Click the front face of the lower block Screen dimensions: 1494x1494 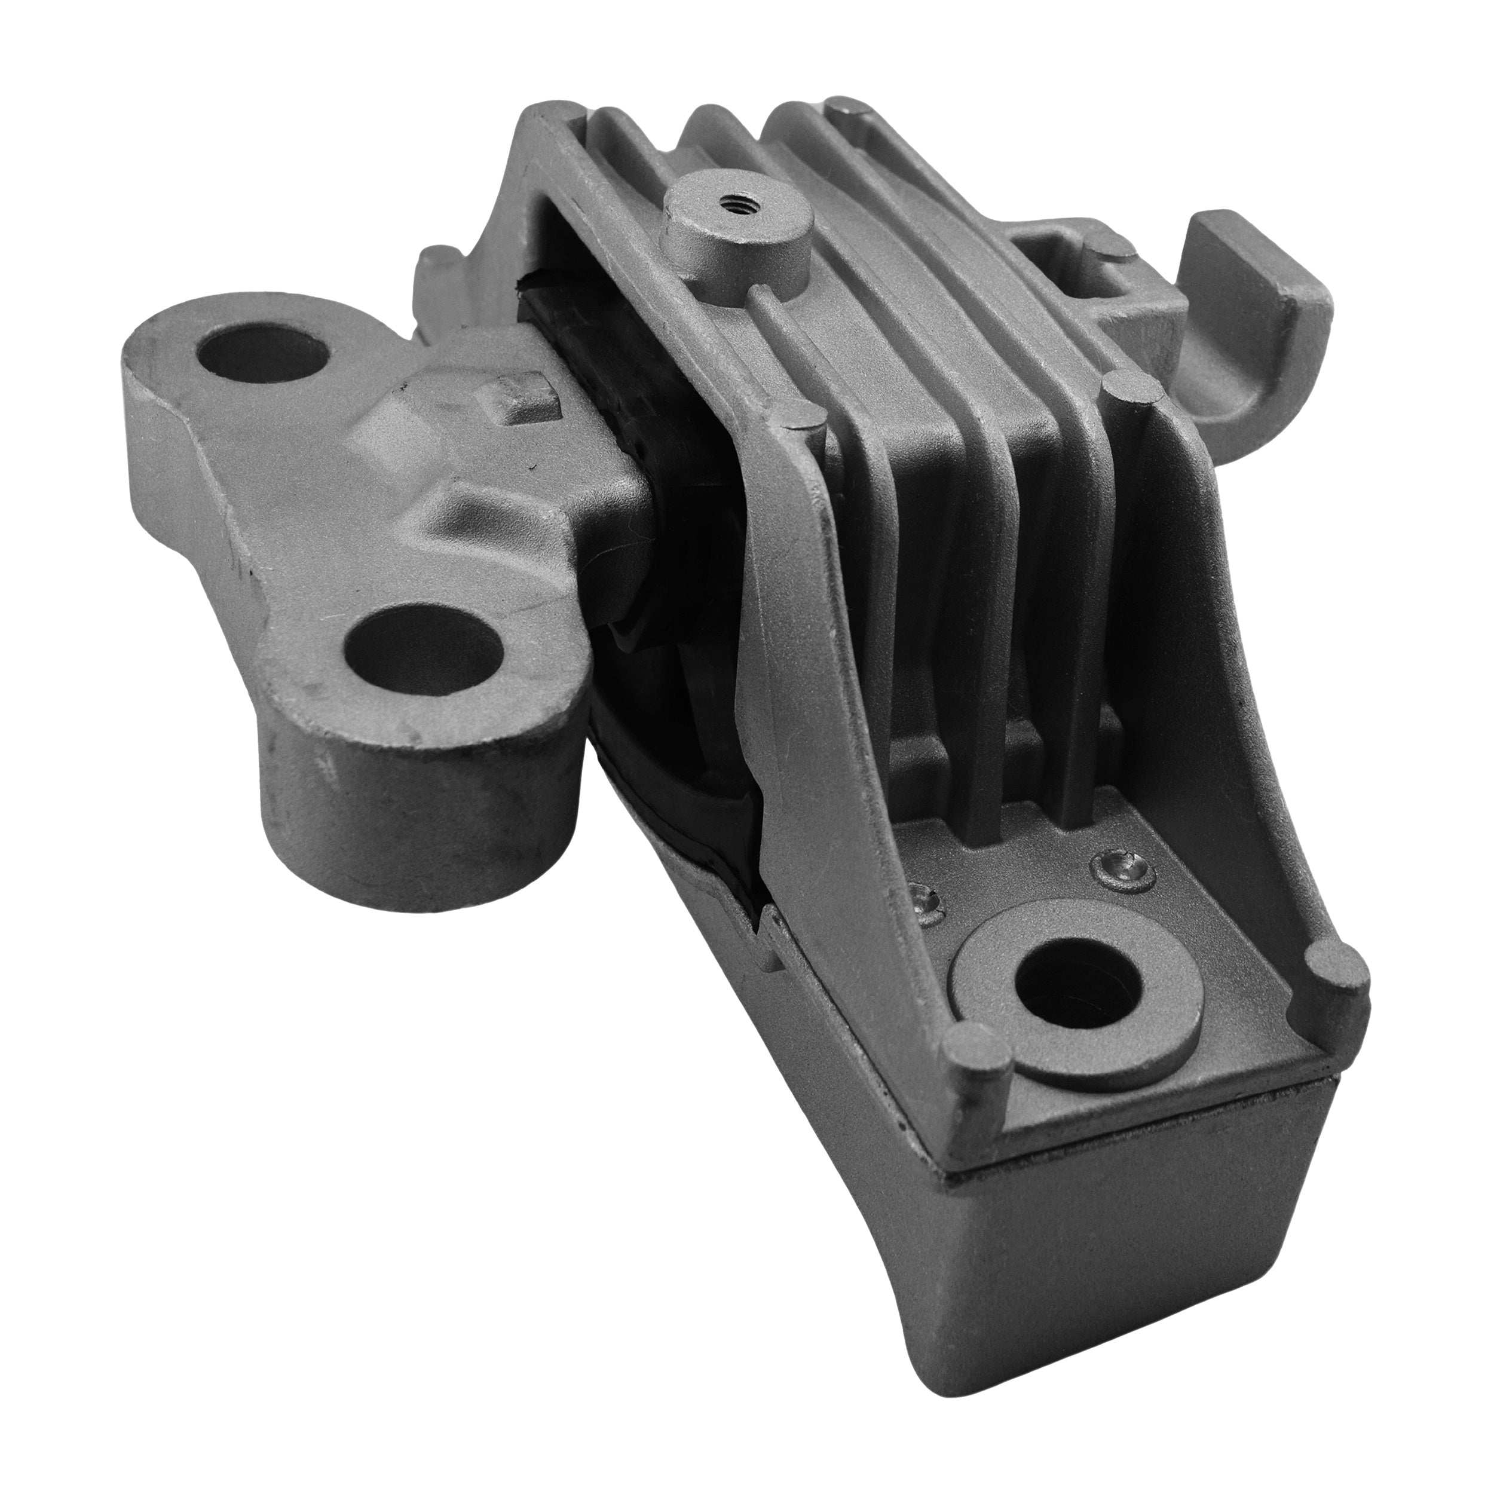pos(1121,1268)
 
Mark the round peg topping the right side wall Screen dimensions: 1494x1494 pos(1128,384)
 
